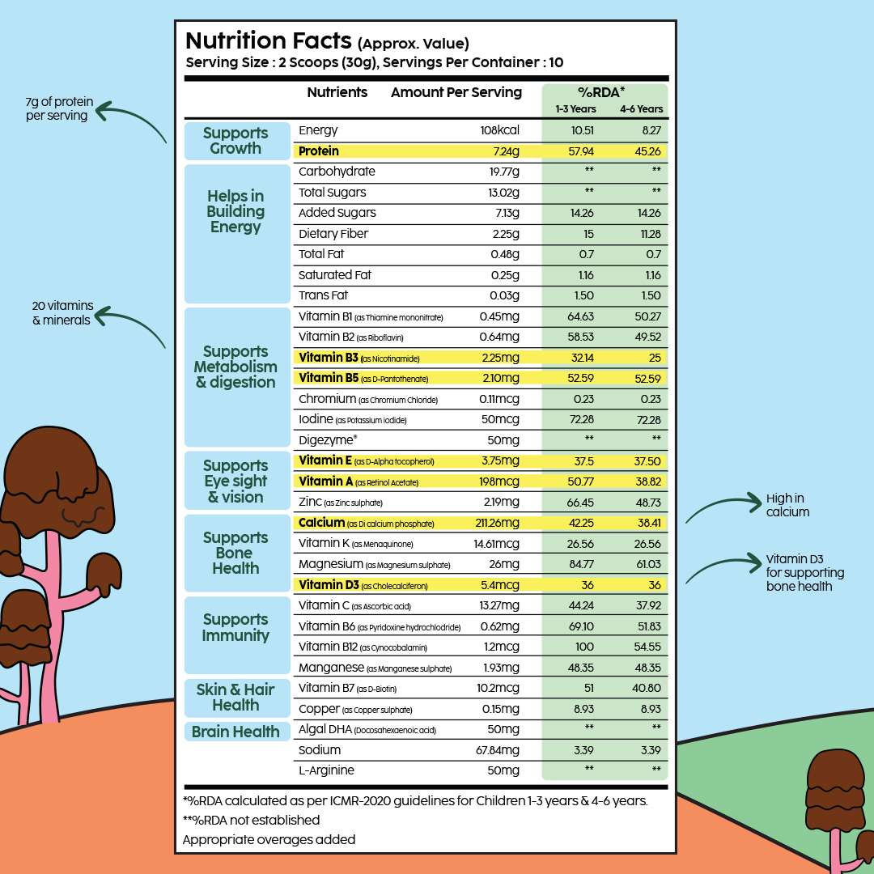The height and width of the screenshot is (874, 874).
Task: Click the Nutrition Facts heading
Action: click(x=268, y=41)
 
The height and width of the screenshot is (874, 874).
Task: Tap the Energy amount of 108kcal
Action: click(x=500, y=130)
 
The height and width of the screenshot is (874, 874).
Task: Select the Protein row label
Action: click(x=319, y=151)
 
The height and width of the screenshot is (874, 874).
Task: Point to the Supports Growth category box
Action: click(x=235, y=141)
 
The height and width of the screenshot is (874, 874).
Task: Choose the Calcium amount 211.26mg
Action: click(x=493, y=523)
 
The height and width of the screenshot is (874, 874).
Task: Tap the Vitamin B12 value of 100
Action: click(x=583, y=647)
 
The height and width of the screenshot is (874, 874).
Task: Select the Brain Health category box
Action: click(x=235, y=732)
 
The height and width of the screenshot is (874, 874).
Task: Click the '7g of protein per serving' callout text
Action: click(x=58, y=109)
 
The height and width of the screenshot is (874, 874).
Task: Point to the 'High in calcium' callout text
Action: click(x=787, y=505)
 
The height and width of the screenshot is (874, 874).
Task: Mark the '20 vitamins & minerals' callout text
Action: click(x=62, y=313)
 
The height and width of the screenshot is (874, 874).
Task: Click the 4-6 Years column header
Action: click(x=641, y=109)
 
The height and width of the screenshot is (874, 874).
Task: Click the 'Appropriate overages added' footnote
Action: click(x=269, y=839)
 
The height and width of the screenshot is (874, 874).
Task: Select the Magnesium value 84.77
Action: click(x=582, y=564)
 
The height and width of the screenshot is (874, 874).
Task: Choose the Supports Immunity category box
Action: click(x=235, y=627)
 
